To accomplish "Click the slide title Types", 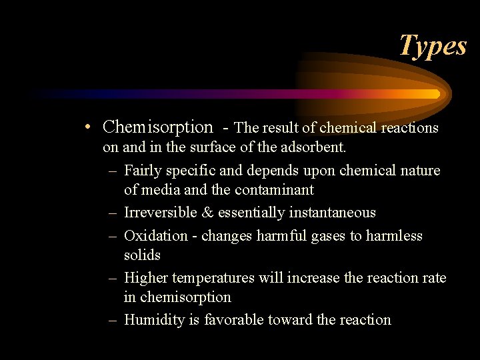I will click(433, 46).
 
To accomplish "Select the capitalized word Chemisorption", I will click(158, 127).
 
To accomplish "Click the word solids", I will click(142, 255).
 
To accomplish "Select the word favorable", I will click(234, 320).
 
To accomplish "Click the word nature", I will click(418, 171).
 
